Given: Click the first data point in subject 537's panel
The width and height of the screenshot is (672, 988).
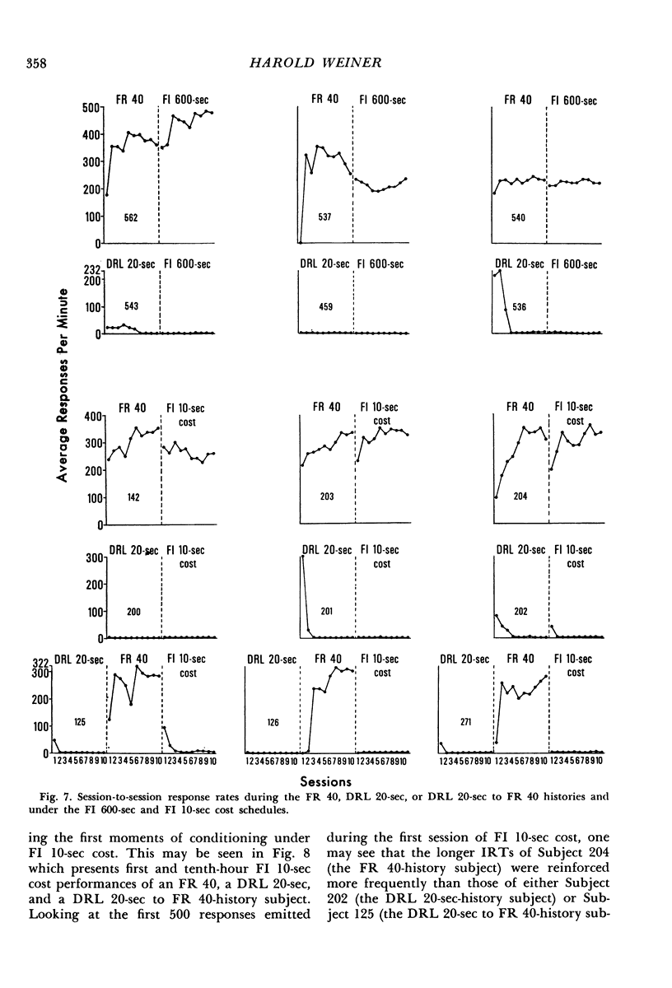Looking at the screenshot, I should pyautogui.click(x=301, y=244).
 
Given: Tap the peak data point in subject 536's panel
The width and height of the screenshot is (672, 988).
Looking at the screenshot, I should pyautogui.click(x=499, y=270).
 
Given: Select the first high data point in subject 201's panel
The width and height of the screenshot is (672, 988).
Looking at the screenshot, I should pyautogui.click(x=302, y=557).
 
